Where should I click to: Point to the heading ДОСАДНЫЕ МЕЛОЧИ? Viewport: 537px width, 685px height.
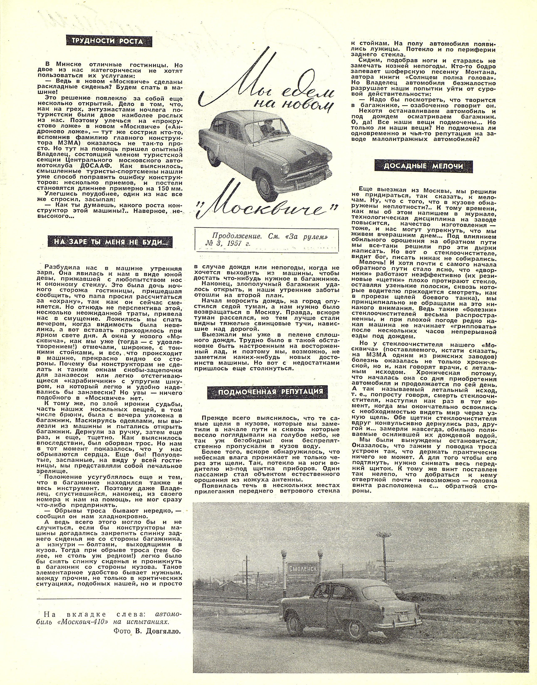tap(424, 166)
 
